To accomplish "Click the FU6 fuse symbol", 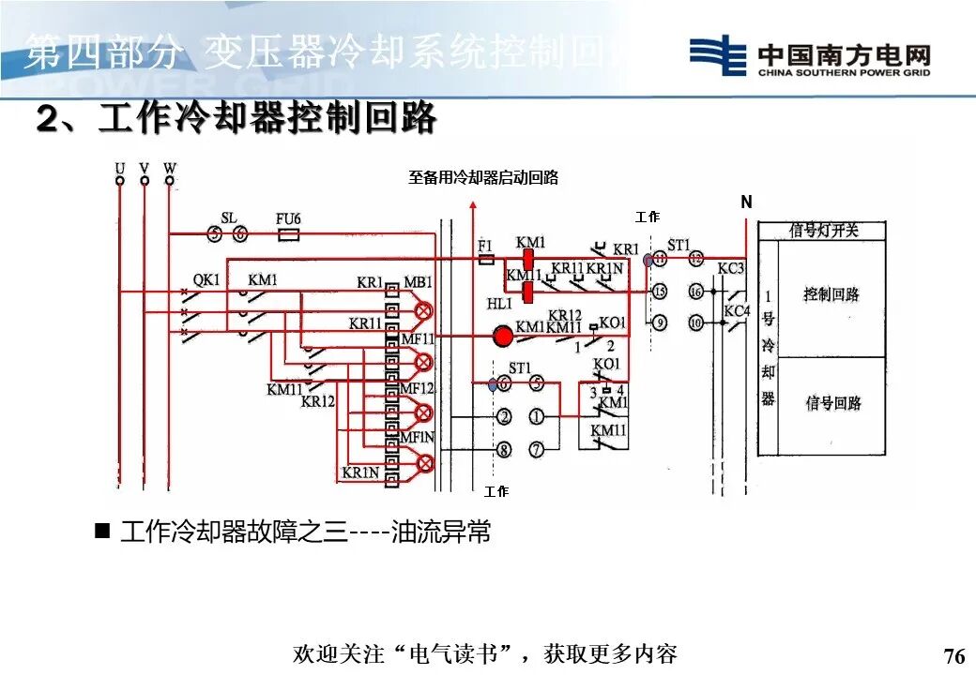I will click(x=289, y=234).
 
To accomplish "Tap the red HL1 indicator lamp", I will click(x=504, y=336).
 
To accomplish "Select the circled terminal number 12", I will click(x=695, y=258).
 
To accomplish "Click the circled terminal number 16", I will click(x=695, y=292).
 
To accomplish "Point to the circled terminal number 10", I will click(x=695, y=323).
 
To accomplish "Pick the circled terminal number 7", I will click(x=536, y=450).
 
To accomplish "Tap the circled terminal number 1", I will click(x=536, y=416).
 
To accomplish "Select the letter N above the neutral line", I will click(x=746, y=202).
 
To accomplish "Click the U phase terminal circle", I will click(x=120, y=181).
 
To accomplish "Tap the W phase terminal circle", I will click(x=169, y=181).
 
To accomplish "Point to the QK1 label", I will click(x=206, y=279).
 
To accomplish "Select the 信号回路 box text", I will click(x=832, y=403).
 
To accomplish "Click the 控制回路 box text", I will click(x=831, y=294).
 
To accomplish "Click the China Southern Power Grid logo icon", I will click(x=718, y=55).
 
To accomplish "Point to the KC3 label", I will click(x=731, y=269).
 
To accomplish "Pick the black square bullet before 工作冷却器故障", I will click(x=102, y=532).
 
